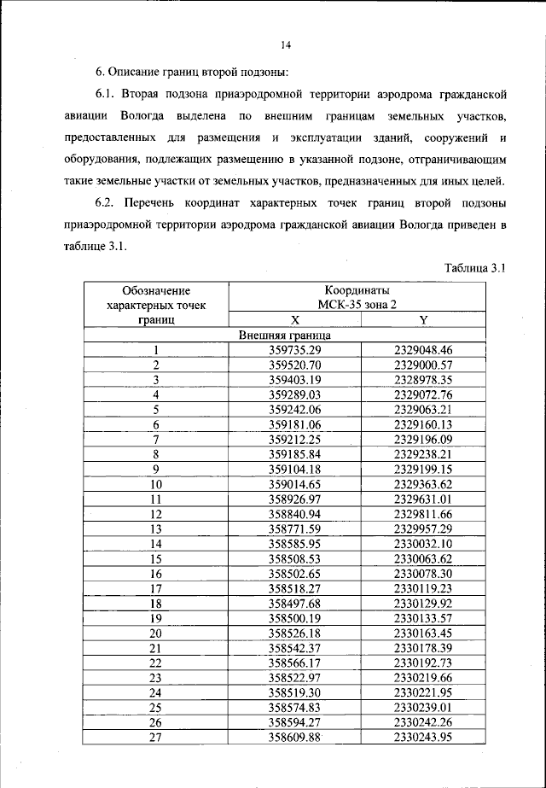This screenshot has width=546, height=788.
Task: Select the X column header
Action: pyautogui.click(x=294, y=320)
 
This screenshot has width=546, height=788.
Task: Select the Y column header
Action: pyautogui.click(x=423, y=320)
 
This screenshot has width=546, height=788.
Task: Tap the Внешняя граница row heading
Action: pyautogui.click(x=285, y=336)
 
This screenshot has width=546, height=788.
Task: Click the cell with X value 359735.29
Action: pyautogui.click(x=294, y=350)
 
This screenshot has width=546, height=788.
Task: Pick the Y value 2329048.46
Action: pyautogui.click(x=423, y=350)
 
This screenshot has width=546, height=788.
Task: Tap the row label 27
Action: pyautogui.click(x=156, y=737)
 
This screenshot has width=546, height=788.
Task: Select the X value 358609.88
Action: pyautogui.click(x=294, y=737)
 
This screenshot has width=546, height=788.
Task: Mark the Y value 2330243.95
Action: pyautogui.click(x=423, y=737)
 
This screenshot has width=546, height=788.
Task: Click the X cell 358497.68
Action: pyautogui.click(x=294, y=603)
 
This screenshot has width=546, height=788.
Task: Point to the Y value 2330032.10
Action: pyautogui.click(x=423, y=543)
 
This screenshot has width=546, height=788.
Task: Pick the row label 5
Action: pyautogui.click(x=156, y=409)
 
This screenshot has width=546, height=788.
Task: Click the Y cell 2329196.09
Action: pyautogui.click(x=423, y=439)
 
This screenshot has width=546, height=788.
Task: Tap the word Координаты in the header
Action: pyautogui.click(x=357, y=290)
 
